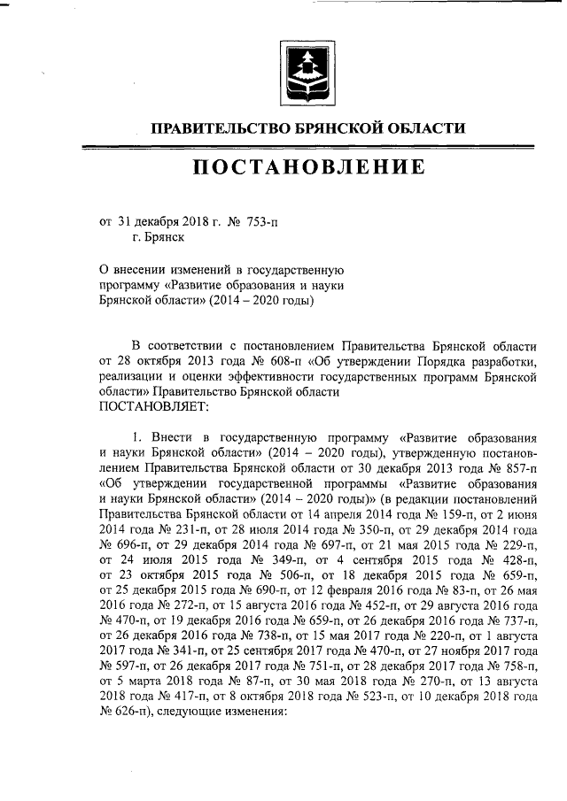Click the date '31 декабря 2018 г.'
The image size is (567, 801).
[168, 222]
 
